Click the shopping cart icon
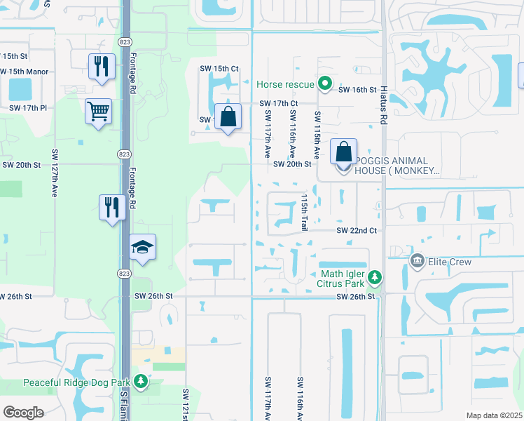[x=98, y=111]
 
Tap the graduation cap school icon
[x=142, y=248]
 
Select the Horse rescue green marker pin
[x=324, y=84]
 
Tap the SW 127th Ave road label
[x=54, y=172]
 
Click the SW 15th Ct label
[x=219, y=68]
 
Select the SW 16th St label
[x=357, y=90]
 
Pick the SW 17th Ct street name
[x=278, y=103]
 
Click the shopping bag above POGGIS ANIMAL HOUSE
[x=343, y=152]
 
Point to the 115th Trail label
[x=305, y=212]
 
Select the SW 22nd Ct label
[x=357, y=230]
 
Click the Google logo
[x=23, y=413]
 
